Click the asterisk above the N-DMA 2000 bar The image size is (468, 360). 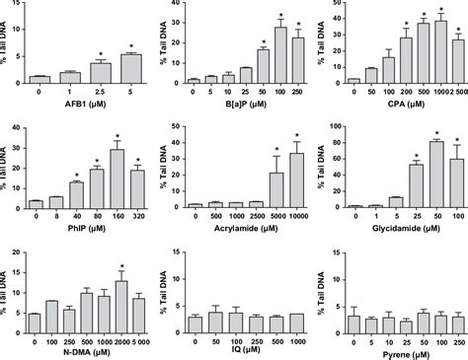tap(120, 267)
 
